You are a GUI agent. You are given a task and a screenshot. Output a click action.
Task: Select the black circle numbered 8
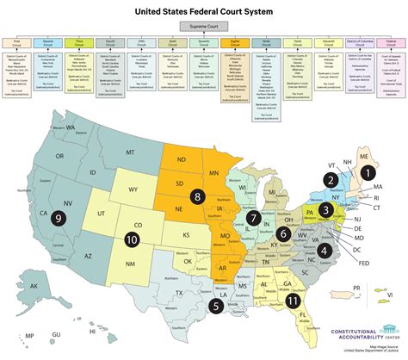(x=198, y=197)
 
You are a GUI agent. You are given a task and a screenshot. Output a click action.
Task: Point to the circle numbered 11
(x=294, y=301)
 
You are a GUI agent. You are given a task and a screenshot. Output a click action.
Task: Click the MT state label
(x=131, y=153)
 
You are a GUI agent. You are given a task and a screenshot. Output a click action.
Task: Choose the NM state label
(x=132, y=263)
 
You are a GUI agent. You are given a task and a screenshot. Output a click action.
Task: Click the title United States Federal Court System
(x=204, y=10)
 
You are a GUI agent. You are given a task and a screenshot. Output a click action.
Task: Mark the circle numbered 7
(x=252, y=218)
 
